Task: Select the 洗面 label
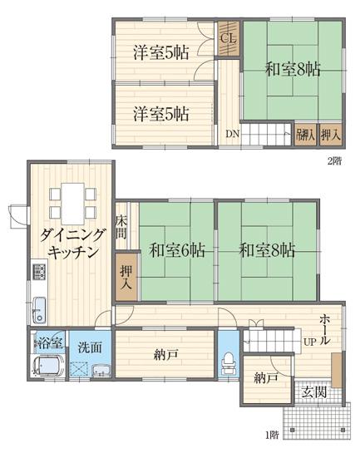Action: pyautogui.click(x=90, y=347)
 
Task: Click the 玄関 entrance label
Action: pyautogui.click(x=313, y=391)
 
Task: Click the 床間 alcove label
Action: pyautogui.click(x=121, y=226)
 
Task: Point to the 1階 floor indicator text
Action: pyautogui.click(x=272, y=434)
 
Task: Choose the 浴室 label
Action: pyautogui.click(x=47, y=342)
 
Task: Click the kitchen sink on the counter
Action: pyautogui.click(x=39, y=309)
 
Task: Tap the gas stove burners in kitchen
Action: pyautogui.click(x=38, y=271)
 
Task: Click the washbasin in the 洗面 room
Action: pyautogui.click(x=101, y=371)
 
